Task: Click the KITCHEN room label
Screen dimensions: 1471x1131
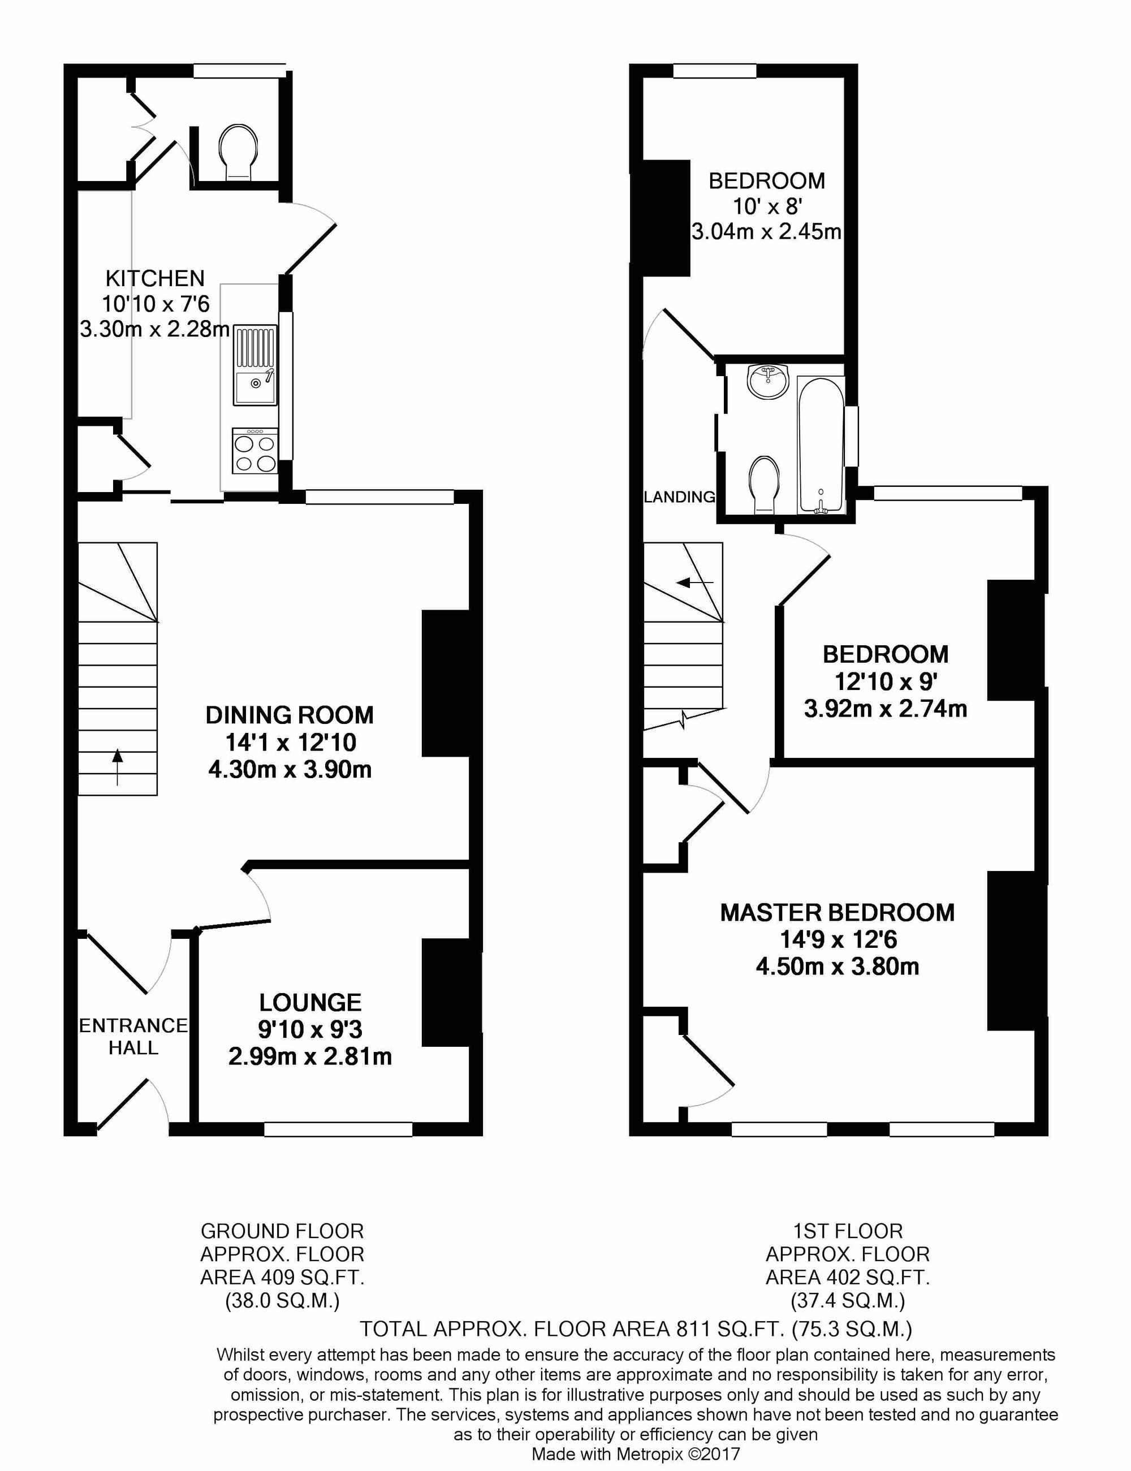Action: pyautogui.click(x=155, y=278)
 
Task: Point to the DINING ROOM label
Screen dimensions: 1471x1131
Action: pyautogui.click(x=290, y=715)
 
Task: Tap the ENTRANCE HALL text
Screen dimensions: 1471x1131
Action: pyautogui.click(x=133, y=1036)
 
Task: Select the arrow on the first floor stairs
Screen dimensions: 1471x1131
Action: pyautogui.click(x=695, y=581)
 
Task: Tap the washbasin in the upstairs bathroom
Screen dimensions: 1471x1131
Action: pyautogui.click(x=767, y=382)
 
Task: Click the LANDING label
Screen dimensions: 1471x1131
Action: pyautogui.click(x=679, y=497)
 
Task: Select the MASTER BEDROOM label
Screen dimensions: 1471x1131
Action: pyautogui.click(x=838, y=912)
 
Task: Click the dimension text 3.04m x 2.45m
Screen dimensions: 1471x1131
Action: pyautogui.click(x=767, y=232)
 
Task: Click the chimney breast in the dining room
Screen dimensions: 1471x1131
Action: pyautogui.click(x=445, y=683)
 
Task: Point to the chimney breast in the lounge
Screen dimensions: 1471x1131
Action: pyautogui.click(x=445, y=993)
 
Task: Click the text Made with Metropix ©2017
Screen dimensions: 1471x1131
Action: pyautogui.click(x=636, y=1454)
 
